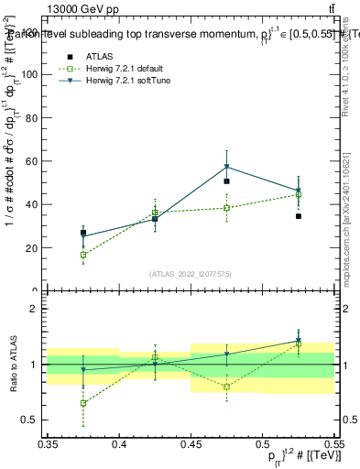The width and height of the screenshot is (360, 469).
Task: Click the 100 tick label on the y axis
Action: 35,75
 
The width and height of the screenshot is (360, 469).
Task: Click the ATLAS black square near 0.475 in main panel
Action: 226,181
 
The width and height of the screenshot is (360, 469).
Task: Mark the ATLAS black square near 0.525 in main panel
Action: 298,216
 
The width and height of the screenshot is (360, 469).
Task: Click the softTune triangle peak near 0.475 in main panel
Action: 226,167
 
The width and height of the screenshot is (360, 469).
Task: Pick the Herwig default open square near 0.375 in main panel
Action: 83,255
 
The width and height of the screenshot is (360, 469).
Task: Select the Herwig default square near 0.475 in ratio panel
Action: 226,387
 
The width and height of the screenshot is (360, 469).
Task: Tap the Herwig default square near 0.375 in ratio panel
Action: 83,403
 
